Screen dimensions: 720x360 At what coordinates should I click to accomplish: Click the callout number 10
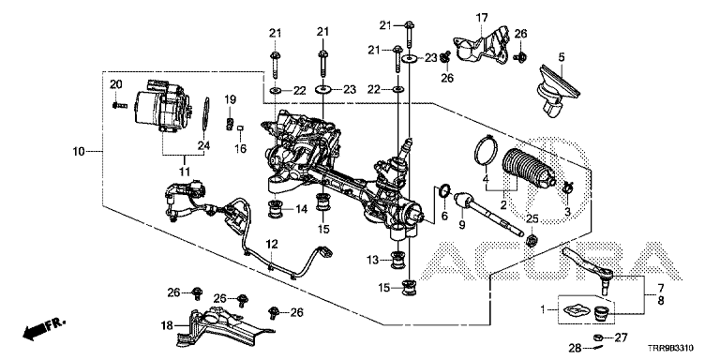[x=79, y=152]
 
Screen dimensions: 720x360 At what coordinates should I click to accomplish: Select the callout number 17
[x=481, y=19]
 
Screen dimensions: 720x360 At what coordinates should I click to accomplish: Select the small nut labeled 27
[x=599, y=337]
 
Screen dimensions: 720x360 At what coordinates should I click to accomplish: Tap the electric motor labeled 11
[x=162, y=110]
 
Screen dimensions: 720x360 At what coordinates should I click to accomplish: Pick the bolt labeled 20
[x=118, y=105]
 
